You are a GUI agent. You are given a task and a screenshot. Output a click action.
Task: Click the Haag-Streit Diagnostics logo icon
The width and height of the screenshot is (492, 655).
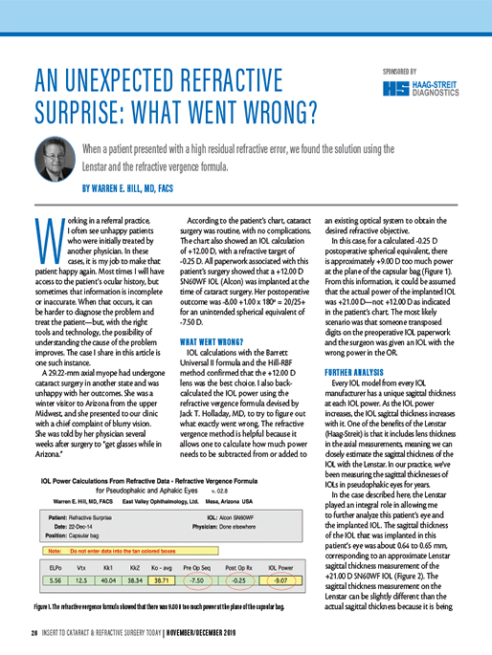392,88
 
